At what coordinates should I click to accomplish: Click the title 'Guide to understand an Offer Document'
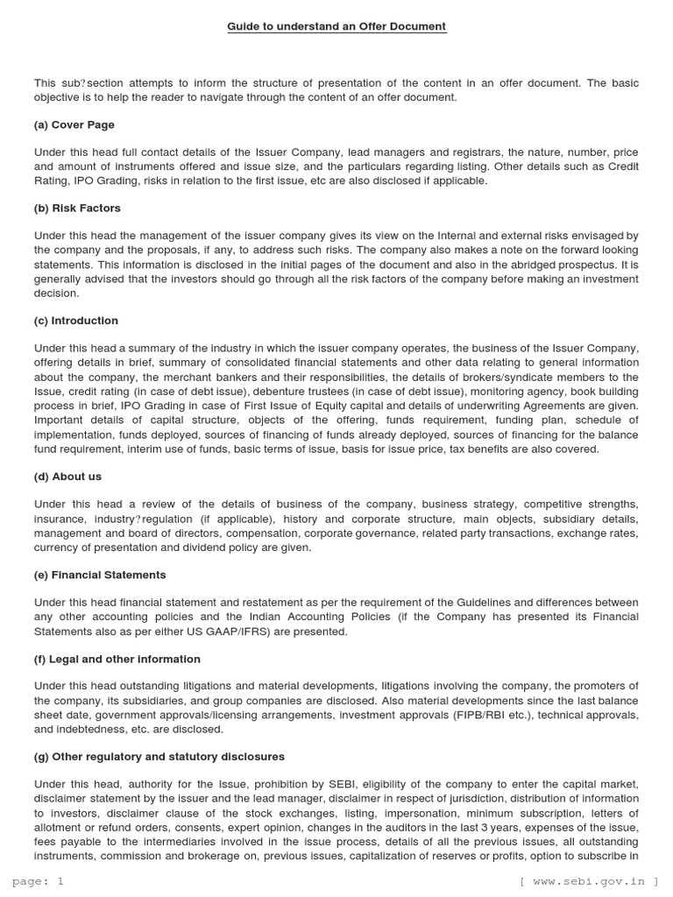pyautogui.click(x=336, y=26)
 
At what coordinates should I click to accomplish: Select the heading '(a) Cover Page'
pyautogui.click(x=74, y=124)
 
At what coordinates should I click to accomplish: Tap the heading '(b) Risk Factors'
pyautogui.click(x=77, y=208)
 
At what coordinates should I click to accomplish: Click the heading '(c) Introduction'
pyautogui.click(x=76, y=321)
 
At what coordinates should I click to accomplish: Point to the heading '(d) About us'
pyautogui.click(x=67, y=477)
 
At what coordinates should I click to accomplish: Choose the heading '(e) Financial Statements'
pyautogui.click(x=100, y=575)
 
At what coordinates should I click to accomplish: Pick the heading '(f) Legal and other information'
pyautogui.click(x=117, y=659)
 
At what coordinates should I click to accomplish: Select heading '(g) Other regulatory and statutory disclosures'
pyautogui.click(x=159, y=757)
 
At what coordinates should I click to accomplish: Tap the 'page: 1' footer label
pyautogui.click(x=37, y=882)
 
